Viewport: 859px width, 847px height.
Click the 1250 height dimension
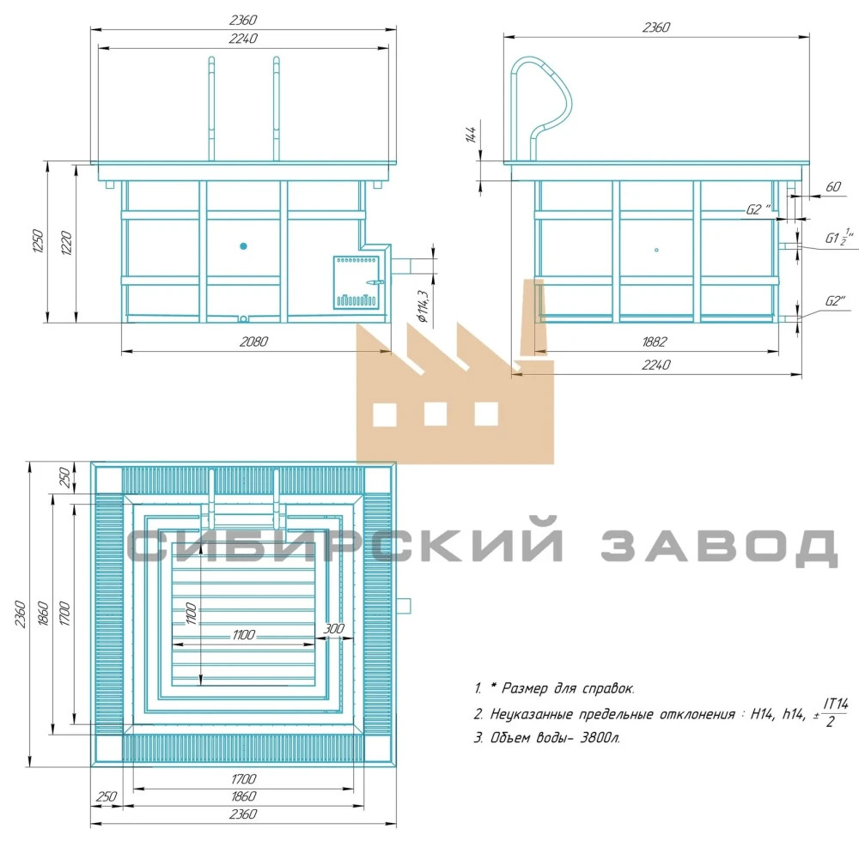(37, 241)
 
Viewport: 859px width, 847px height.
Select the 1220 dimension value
(66, 242)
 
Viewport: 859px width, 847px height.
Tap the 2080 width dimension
(253, 342)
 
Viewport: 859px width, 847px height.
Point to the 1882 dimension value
(654, 342)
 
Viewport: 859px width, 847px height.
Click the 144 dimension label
(471, 135)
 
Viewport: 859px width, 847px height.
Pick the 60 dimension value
(832, 186)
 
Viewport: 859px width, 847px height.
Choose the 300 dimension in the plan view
(333, 629)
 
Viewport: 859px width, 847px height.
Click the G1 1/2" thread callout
(839, 238)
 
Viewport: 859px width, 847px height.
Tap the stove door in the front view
(356, 282)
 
